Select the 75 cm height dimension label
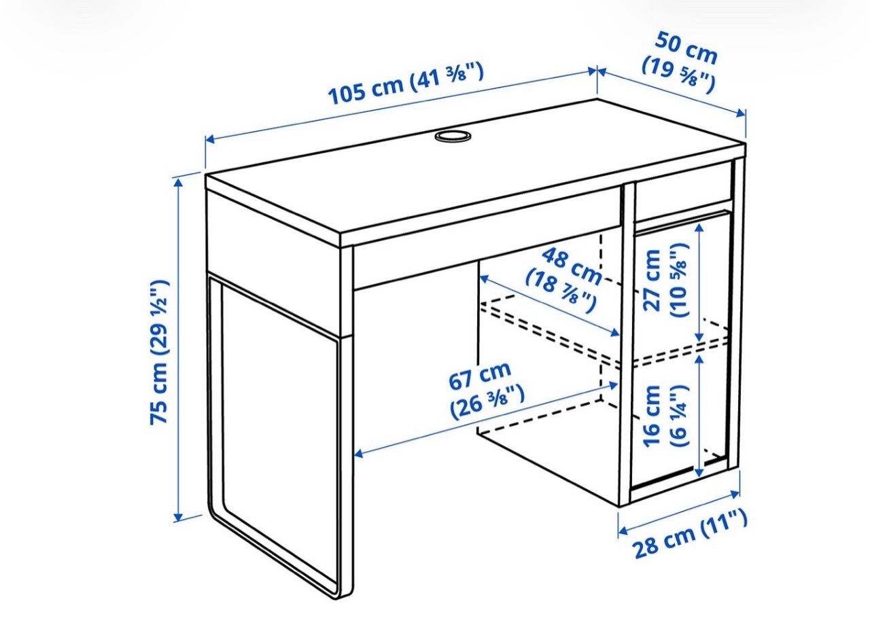pos(160,351)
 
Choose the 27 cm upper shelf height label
pos(665,280)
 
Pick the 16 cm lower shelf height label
pos(665,416)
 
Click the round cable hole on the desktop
pos(453,137)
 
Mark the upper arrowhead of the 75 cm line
pos(178,183)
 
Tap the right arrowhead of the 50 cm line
pos(741,113)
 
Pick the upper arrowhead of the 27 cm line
pos(700,229)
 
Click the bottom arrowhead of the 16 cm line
pos(700,472)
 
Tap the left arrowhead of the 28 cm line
pos(623,530)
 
